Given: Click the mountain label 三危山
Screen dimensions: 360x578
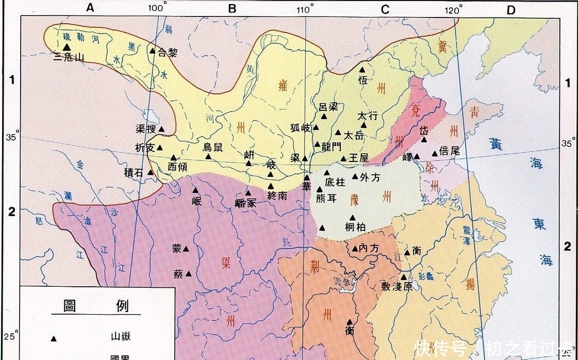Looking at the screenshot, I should pos(69,57).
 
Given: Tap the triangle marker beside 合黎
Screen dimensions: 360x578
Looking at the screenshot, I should pos(152,51).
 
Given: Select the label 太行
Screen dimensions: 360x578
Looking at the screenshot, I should pos(368,116).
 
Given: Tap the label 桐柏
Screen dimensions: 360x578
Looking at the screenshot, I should pos(355,227).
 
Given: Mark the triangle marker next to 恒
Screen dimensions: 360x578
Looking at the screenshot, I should pos(362,69).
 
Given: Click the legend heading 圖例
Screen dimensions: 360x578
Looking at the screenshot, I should pos(95,306).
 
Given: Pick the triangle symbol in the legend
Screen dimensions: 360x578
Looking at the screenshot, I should pos(53,338).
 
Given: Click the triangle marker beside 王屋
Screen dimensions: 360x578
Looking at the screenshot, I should pos(343,158).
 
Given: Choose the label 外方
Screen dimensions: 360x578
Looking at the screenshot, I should pos(370,177).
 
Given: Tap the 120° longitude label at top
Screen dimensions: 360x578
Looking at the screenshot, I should pos(454,9).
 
